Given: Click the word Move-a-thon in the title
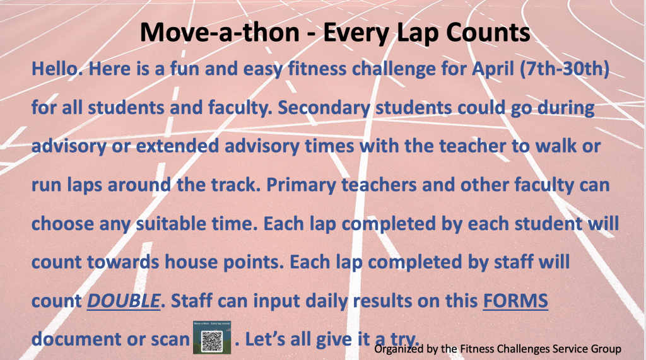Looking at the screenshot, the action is [220, 32].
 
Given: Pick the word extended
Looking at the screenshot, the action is [177, 146].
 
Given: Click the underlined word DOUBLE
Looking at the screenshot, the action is [123, 301].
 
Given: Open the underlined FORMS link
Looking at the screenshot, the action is [515, 301].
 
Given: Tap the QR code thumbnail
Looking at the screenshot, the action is [212, 337].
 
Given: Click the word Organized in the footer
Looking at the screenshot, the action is [399, 349].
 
